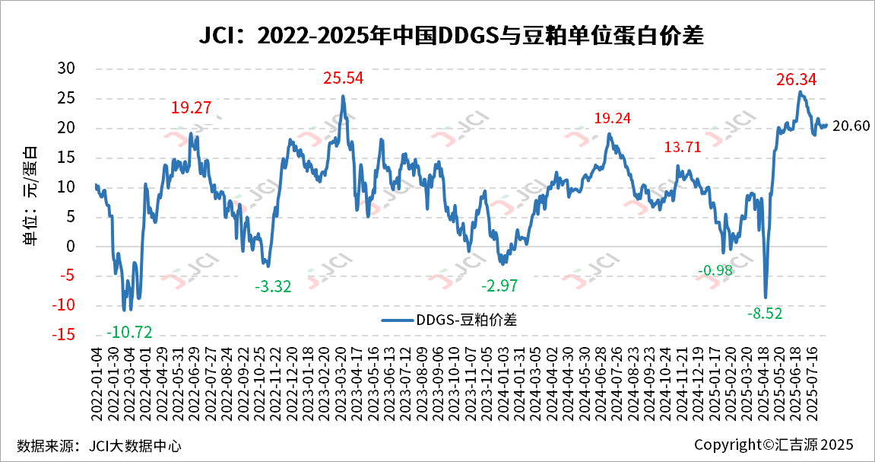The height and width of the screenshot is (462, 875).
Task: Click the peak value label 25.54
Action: tap(344, 78)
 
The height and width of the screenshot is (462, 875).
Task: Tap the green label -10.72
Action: tap(129, 332)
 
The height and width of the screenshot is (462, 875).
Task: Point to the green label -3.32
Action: tap(273, 286)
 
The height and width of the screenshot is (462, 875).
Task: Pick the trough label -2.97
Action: tap(499, 286)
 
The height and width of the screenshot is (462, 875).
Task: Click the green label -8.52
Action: tap(764, 313)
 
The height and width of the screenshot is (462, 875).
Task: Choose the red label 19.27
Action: tap(191, 108)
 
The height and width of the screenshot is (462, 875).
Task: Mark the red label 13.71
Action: tap(684, 148)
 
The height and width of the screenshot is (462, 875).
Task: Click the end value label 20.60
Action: tap(851, 126)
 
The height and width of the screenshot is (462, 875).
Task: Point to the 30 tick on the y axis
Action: tap(67, 69)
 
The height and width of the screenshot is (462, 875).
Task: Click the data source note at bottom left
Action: tap(99, 445)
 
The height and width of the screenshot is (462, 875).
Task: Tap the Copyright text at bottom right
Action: tap(774, 444)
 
